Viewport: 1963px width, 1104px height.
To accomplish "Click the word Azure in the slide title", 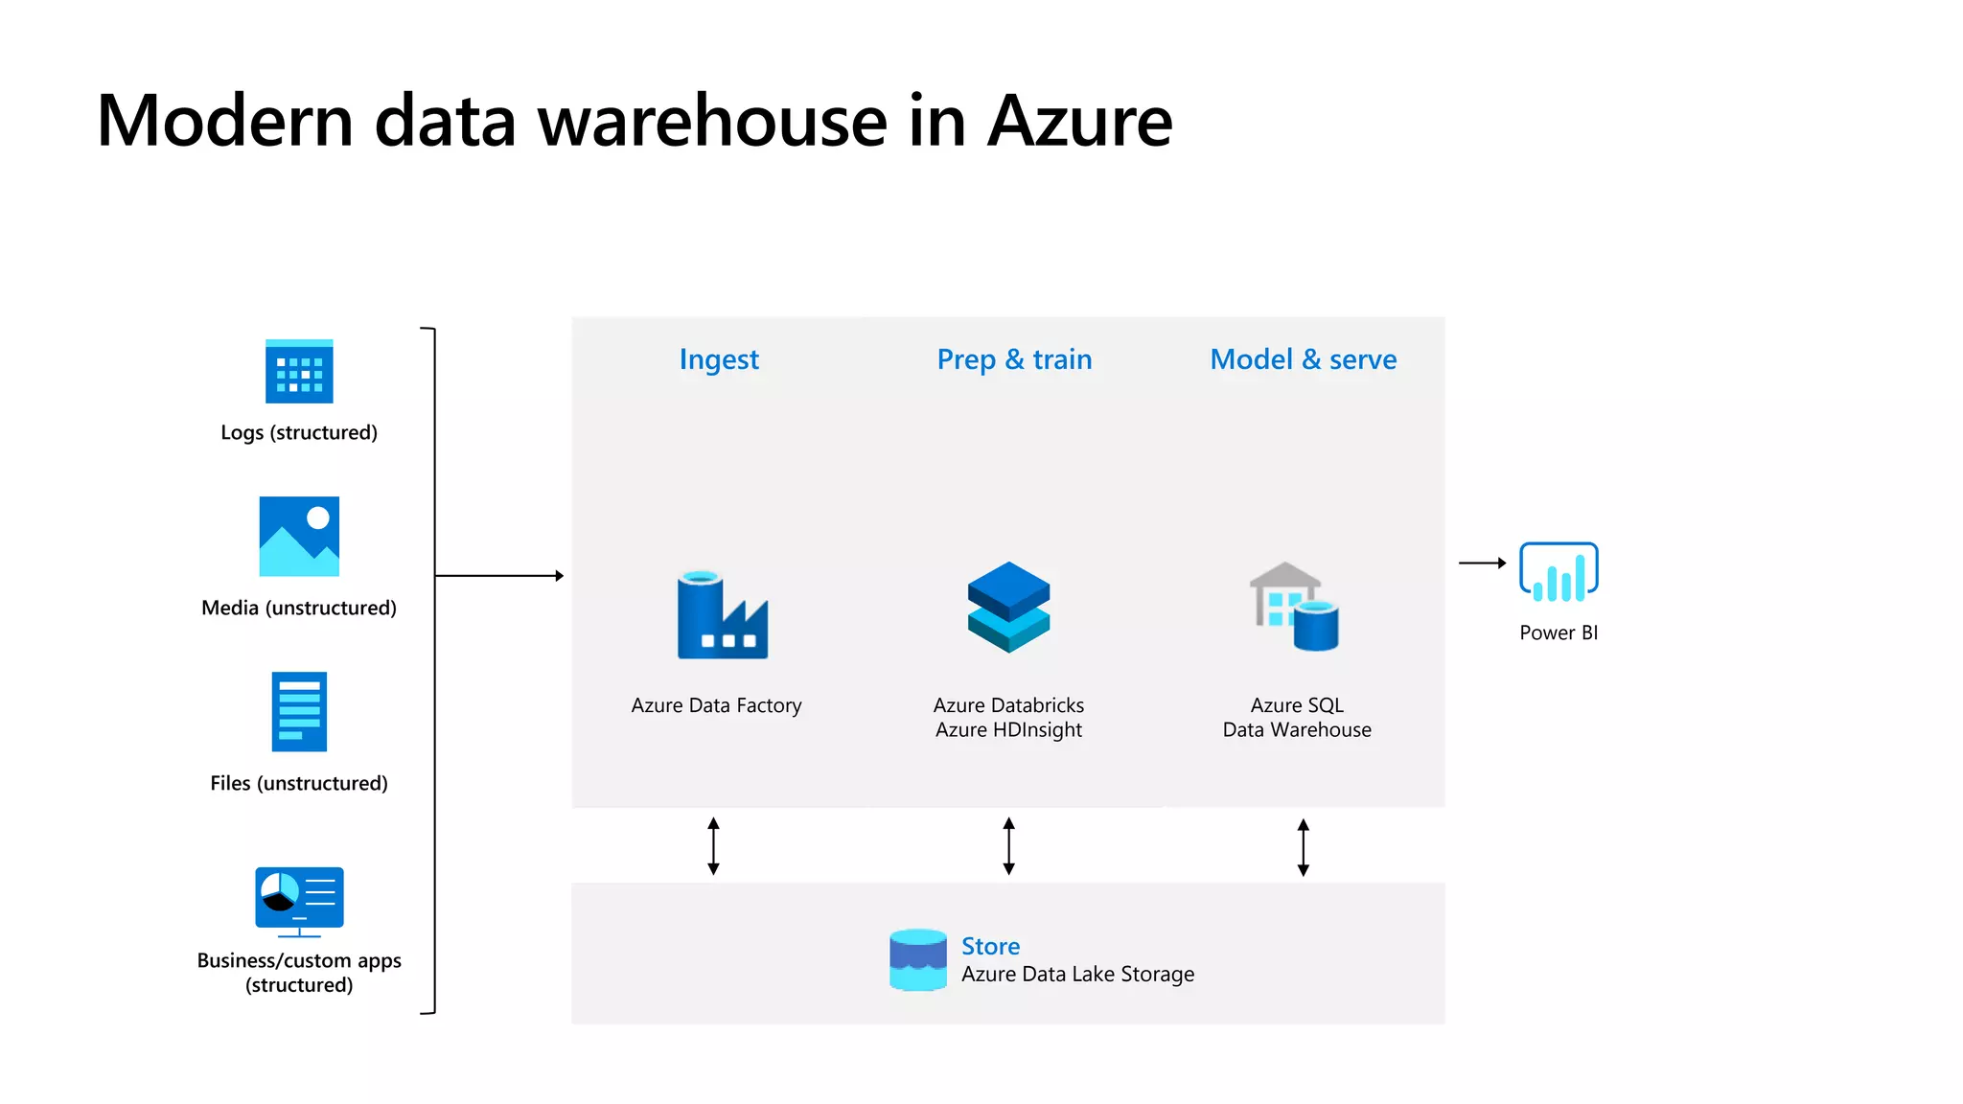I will click(x=1079, y=122).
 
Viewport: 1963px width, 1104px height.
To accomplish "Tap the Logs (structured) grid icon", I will click(x=299, y=372).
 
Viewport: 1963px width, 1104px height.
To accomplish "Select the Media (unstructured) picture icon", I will click(x=299, y=536).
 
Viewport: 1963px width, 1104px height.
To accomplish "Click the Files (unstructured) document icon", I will click(x=299, y=711).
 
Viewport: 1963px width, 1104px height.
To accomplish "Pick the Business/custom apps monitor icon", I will click(x=299, y=901).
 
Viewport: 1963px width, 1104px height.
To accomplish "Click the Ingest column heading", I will click(x=719, y=359).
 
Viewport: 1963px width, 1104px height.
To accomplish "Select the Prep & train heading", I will click(x=1014, y=359).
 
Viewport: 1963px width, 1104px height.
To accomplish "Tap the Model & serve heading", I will click(x=1303, y=359).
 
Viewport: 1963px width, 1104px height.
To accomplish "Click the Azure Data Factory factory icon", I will click(x=722, y=615).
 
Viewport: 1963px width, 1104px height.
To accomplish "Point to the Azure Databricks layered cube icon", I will click(x=1008, y=607).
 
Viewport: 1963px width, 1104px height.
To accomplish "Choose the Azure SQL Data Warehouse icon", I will click(x=1295, y=607).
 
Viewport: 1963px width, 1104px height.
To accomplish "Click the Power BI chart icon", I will click(x=1559, y=572).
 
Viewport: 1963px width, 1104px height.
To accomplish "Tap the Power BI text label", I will click(x=1559, y=632).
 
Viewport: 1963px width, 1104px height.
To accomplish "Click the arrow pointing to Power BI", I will click(x=1482, y=563).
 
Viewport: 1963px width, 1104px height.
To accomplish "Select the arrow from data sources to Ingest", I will click(x=498, y=576).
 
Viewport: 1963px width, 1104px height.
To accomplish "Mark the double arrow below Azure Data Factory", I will click(x=713, y=846).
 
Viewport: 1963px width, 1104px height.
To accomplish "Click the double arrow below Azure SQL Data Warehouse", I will click(x=1303, y=847).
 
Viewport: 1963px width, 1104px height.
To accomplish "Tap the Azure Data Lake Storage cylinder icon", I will click(x=917, y=959).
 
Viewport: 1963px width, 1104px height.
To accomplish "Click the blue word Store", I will click(x=990, y=946).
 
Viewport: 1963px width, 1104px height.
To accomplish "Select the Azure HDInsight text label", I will click(x=1008, y=730).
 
